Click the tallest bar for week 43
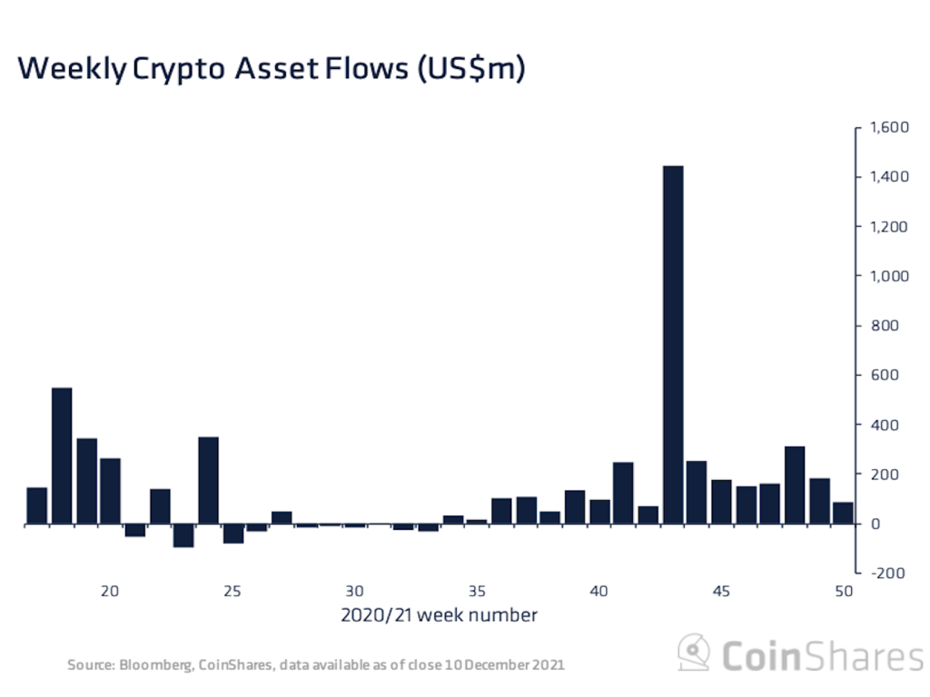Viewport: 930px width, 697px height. click(673, 345)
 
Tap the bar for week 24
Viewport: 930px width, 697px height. click(208, 480)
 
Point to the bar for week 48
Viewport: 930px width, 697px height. click(795, 485)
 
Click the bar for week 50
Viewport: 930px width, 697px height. click(843, 513)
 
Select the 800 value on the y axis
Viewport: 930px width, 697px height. click(885, 326)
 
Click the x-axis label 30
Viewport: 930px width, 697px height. click(354, 590)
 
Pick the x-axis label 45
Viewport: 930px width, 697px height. click(721, 590)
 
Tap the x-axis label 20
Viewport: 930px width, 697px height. click(110, 590)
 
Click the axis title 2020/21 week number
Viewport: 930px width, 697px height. click(439, 615)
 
